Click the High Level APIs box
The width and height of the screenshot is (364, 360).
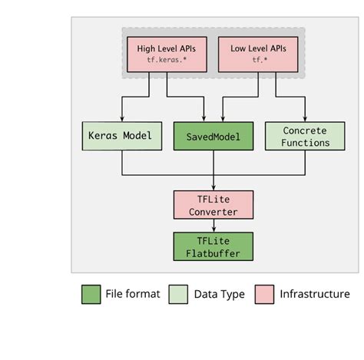[x=167, y=53]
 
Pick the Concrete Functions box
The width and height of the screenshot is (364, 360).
[x=304, y=137]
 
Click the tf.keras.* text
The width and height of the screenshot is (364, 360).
[x=167, y=61]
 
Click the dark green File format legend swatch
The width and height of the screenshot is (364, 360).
[x=91, y=294]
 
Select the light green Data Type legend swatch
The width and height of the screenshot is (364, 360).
[x=179, y=294]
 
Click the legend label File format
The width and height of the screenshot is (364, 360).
[x=133, y=294]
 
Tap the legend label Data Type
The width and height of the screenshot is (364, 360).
[x=219, y=294]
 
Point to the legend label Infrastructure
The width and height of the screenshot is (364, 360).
[x=315, y=294]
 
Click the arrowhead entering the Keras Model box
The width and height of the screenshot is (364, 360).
[x=121, y=119]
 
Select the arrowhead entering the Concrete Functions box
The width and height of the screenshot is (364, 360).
[x=304, y=119]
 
